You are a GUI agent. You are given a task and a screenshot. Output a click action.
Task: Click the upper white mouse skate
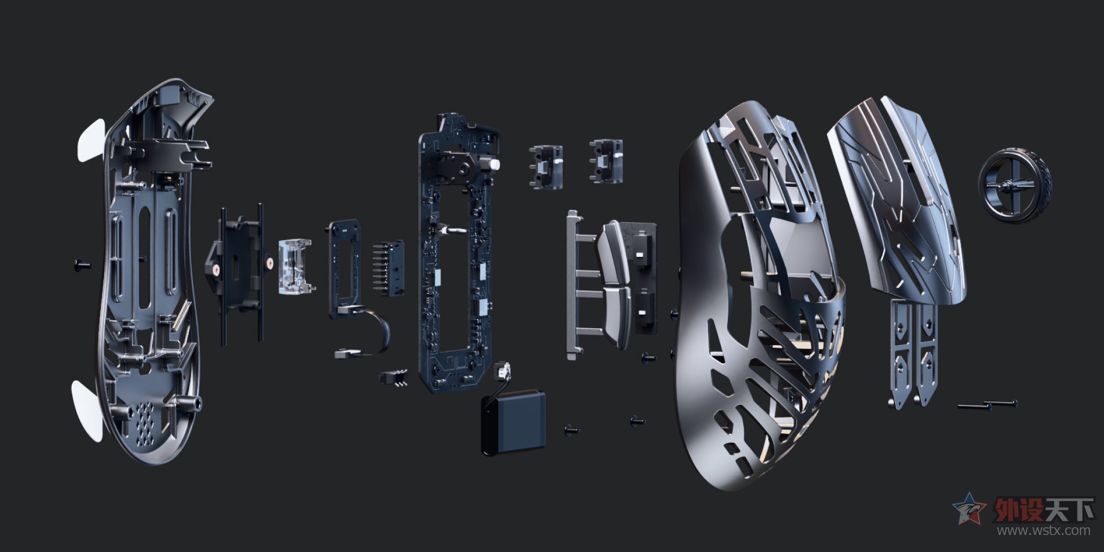90,141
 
